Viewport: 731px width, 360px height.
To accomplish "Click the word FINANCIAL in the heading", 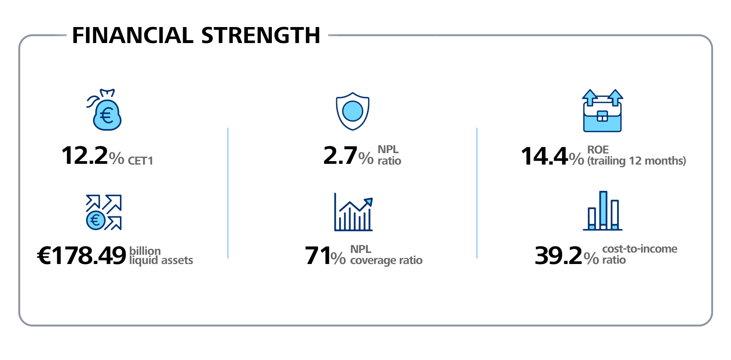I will click(133, 35).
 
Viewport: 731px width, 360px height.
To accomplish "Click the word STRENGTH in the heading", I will click(260, 35).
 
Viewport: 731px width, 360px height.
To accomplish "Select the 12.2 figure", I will click(85, 156).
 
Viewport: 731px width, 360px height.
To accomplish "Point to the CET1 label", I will click(140, 161).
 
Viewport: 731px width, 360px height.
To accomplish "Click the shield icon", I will click(353, 111).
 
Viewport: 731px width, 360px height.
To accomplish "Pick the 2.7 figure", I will click(340, 156).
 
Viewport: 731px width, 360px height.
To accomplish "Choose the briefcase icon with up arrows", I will click(602, 111).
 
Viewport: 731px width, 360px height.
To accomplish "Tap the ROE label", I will click(598, 150).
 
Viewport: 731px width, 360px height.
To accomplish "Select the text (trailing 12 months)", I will click(636, 161).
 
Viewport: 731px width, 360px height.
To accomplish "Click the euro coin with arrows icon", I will click(104, 212).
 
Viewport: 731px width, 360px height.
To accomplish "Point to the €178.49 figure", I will click(81, 256).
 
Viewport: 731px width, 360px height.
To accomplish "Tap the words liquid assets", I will click(161, 261).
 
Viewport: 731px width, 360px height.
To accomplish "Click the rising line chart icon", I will click(353, 212).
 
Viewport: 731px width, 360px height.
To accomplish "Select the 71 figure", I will click(317, 256).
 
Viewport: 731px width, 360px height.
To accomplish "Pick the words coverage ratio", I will click(386, 261).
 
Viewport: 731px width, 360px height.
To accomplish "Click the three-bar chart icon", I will click(603, 211).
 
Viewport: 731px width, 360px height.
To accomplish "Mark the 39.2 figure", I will click(558, 256).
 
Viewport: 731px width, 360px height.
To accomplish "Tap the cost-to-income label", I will click(640, 249).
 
